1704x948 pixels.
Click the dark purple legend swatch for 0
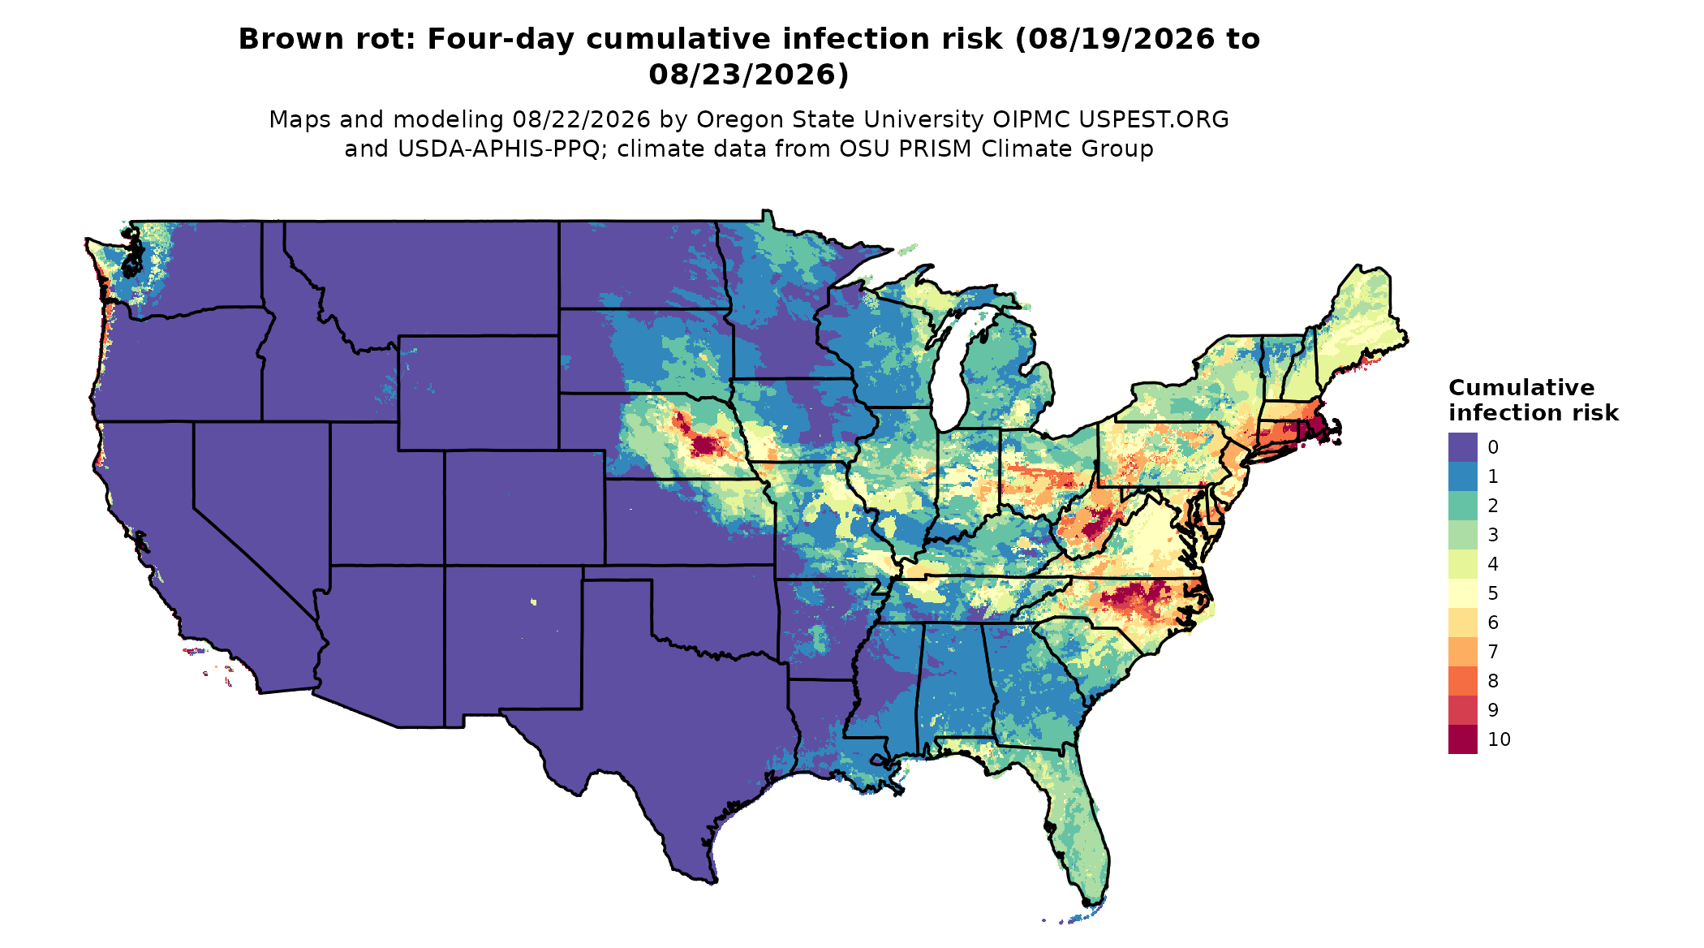pyautogui.click(x=1462, y=447)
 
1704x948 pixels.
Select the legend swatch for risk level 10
pyautogui.click(x=1462, y=739)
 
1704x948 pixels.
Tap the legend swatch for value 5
pyautogui.click(x=1462, y=593)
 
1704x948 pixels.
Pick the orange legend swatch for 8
pyautogui.click(x=1462, y=681)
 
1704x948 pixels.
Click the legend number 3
pyautogui.click(x=1493, y=535)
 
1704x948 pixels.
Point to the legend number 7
pyautogui.click(x=1493, y=652)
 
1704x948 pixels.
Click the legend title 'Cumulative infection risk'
pyautogui.click(x=1533, y=400)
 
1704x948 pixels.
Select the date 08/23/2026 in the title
pyautogui.click(x=749, y=75)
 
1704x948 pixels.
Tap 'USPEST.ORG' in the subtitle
pyautogui.click(x=1153, y=119)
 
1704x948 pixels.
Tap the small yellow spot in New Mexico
pyautogui.click(x=533, y=601)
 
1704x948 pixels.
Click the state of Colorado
pyautogui.click(x=524, y=507)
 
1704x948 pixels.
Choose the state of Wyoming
pyautogui.click(x=478, y=393)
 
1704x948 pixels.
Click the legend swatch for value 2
pyautogui.click(x=1462, y=506)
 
